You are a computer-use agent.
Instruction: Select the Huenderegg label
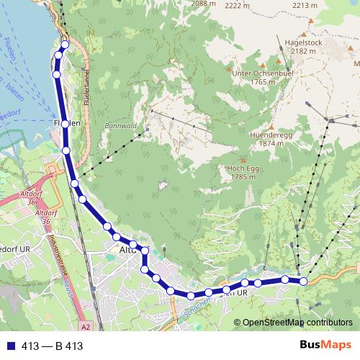point(268,133)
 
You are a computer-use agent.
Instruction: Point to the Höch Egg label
point(233,167)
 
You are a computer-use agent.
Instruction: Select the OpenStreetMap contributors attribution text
point(297,323)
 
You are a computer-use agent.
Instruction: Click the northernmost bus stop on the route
point(65,45)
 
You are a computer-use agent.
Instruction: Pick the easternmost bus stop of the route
point(303,281)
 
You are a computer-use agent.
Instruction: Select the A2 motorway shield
point(86,326)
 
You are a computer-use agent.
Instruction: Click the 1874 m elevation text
point(268,143)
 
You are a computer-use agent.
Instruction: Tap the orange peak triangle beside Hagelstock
point(304,33)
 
